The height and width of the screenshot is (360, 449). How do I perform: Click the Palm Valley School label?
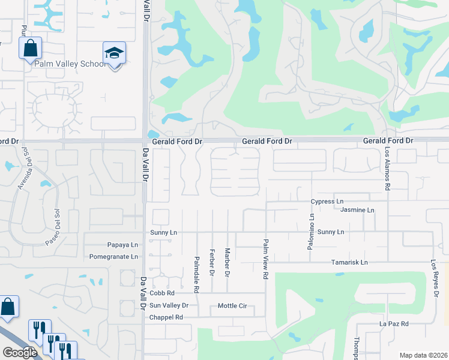pos(70,64)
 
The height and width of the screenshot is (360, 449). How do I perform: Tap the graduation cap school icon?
pos(113,54)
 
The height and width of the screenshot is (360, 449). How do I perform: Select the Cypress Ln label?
pos(327,202)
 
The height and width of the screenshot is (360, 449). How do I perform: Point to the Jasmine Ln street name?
pos(357,211)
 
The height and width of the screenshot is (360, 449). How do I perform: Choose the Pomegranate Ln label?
pos(113,257)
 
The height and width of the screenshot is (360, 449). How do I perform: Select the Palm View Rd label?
pos(265,259)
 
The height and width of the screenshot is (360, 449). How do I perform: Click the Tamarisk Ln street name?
pos(349,263)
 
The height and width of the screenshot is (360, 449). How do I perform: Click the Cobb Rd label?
pos(162,293)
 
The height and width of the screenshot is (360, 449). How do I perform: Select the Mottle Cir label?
pos(232,306)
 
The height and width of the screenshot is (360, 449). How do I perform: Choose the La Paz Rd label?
pos(394,324)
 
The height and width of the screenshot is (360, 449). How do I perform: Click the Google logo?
pos(20,353)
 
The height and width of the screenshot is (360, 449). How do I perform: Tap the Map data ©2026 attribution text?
pos(423,355)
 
